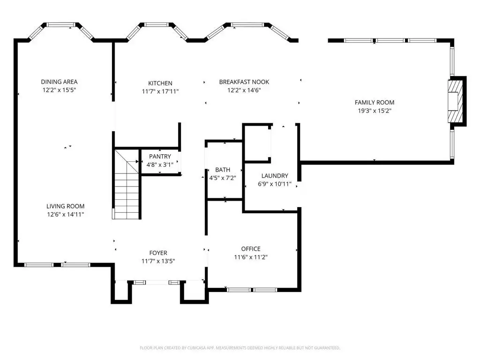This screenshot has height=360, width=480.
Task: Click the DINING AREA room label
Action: [x=59, y=82]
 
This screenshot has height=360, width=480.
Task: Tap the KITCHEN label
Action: [x=160, y=83]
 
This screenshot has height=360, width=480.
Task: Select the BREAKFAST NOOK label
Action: [x=244, y=82]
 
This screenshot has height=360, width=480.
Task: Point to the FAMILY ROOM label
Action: [x=375, y=103]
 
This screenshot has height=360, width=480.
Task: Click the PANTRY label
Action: [x=160, y=157]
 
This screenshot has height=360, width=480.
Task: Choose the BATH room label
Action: [x=223, y=170]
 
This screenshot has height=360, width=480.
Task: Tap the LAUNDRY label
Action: [x=275, y=176]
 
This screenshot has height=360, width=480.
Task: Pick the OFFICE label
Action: [x=251, y=249]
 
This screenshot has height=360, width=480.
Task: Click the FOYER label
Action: [x=158, y=253]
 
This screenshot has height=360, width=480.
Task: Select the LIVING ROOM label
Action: [x=65, y=206]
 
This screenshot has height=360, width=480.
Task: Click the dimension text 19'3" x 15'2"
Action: [x=375, y=111]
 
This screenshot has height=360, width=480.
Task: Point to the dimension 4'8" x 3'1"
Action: [x=160, y=165]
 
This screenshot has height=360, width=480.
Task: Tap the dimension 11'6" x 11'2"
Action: [x=251, y=257]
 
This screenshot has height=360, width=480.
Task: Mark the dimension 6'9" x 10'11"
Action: [x=275, y=184]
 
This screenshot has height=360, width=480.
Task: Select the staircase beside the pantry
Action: [x=127, y=184]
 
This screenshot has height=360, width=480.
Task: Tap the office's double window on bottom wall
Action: [x=251, y=290]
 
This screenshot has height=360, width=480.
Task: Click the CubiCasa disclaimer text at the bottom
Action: [x=240, y=348]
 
